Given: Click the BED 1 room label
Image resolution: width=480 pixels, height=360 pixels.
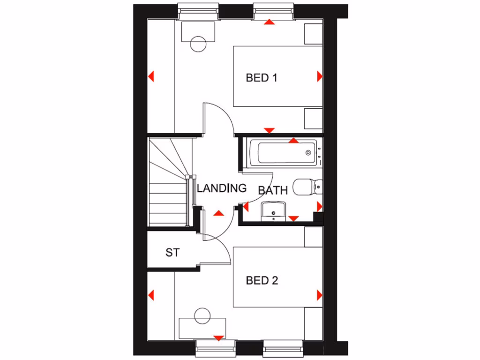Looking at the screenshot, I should coord(262,78).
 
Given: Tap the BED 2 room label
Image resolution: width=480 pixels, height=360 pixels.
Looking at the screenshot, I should coord(262,281).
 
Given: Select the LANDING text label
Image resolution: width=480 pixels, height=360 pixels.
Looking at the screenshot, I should coord(221,188).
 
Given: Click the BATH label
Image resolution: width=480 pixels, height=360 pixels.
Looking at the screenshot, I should coord(273,190).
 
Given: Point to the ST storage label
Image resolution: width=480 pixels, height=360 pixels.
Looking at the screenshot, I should coord(172,253).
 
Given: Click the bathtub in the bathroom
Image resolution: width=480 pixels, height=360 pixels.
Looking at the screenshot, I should coord(283,153).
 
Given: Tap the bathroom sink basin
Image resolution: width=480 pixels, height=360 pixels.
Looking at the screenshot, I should coord(273,210).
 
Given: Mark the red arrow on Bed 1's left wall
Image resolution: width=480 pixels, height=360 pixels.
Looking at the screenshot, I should coord(151,76).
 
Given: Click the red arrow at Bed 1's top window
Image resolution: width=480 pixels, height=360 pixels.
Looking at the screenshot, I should coord(269,22).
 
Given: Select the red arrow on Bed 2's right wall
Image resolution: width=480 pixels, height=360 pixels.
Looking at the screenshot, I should coord(320,295).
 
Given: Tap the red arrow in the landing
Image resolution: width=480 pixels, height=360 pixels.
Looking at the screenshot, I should coord(218,213).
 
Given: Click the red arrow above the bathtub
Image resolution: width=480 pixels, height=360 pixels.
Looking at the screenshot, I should coord(294,140).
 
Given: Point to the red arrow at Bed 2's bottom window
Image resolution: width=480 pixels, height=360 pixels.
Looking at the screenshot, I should coord(218,337).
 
